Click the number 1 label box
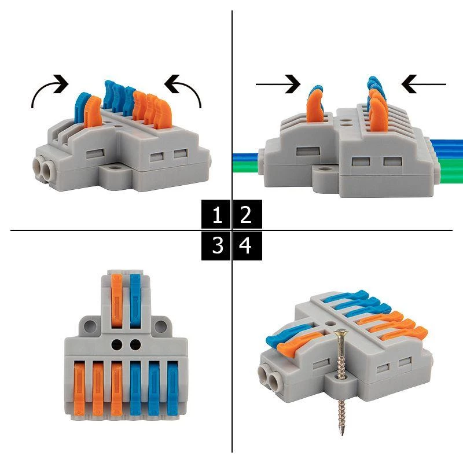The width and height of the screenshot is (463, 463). point(216,214)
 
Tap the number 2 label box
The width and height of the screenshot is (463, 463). point(248,214)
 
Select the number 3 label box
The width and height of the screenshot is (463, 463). point(216,245)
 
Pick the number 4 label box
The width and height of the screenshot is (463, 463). point(248,245)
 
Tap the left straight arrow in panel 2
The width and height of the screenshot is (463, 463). point(278,84)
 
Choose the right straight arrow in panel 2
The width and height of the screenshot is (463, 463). point(424,84)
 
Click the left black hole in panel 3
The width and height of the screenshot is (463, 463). point(117,344)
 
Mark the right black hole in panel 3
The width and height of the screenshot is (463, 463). point(135,344)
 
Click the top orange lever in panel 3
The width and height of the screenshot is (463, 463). point(117,300)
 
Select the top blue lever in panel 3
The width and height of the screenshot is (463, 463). point(135,300)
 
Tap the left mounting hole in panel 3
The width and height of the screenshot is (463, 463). point(90,326)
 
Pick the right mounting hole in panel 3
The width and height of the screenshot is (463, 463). point(161,326)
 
